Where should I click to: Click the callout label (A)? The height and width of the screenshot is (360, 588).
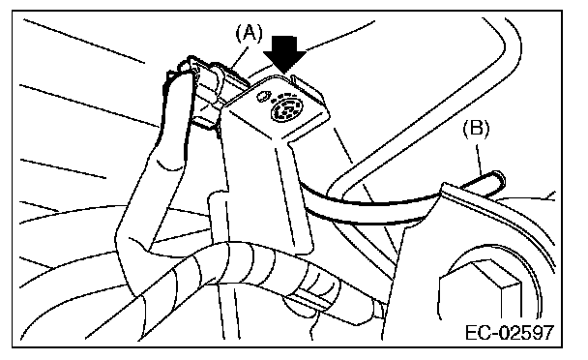click(x=249, y=33)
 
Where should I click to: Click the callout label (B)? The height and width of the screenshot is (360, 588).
click(x=476, y=129)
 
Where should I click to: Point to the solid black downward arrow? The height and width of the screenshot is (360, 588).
click(x=284, y=53)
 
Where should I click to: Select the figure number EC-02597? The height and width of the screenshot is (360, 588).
click(x=509, y=333)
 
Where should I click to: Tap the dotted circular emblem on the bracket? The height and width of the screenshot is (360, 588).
click(x=286, y=107)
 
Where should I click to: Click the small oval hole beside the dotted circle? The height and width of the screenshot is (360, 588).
click(x=262, y=96)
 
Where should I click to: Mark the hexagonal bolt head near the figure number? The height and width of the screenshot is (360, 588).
click(x=481, y=291)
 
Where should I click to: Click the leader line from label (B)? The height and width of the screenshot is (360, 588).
click(x=480, y=160)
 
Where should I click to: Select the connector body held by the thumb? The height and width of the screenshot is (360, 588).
click(x=210, y=92)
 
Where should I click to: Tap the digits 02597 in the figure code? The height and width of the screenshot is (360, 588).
click(x=523, y=333)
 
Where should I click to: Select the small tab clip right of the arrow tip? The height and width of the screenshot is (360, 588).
click(x=302, y=83)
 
